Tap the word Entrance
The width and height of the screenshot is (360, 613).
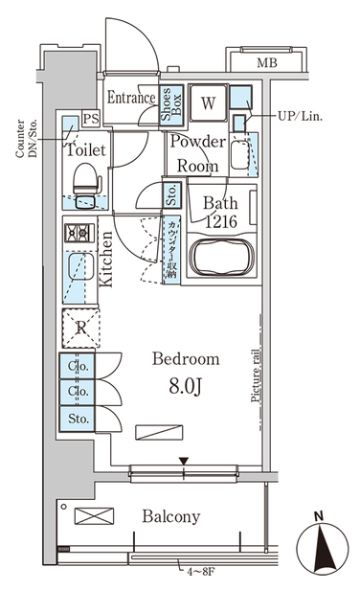coord(131,98)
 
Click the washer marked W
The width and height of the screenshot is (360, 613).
coord(208,102)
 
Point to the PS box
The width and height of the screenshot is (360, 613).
coord(91,119)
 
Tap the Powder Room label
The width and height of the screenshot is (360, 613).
coord(197,153)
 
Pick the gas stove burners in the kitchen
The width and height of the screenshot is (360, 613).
coord(78,233)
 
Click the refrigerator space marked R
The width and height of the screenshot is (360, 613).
coord(78,327)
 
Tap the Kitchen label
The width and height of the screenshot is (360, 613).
coord(107,260)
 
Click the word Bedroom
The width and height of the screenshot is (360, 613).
coord(186,359)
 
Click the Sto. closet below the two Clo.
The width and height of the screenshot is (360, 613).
coord(78,419)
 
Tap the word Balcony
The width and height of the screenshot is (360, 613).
coord(171,517)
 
